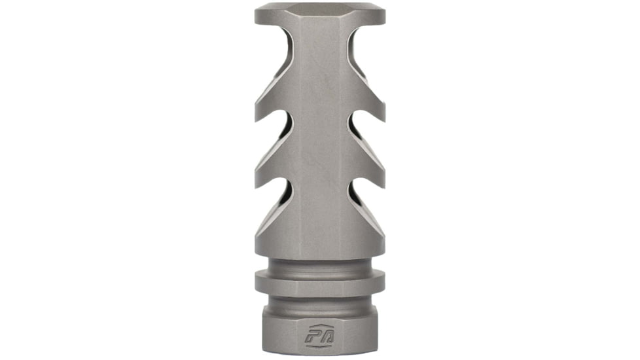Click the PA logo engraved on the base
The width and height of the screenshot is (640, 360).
pyautogui.click(x=319, y=338)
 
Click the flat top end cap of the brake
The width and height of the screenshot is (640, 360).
pyautogui.click(x=319, y=11)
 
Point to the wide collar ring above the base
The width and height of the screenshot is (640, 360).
pyautogui.click(x=319, y=282)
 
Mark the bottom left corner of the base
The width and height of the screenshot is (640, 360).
pyautogui.click(x=263, y=357)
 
